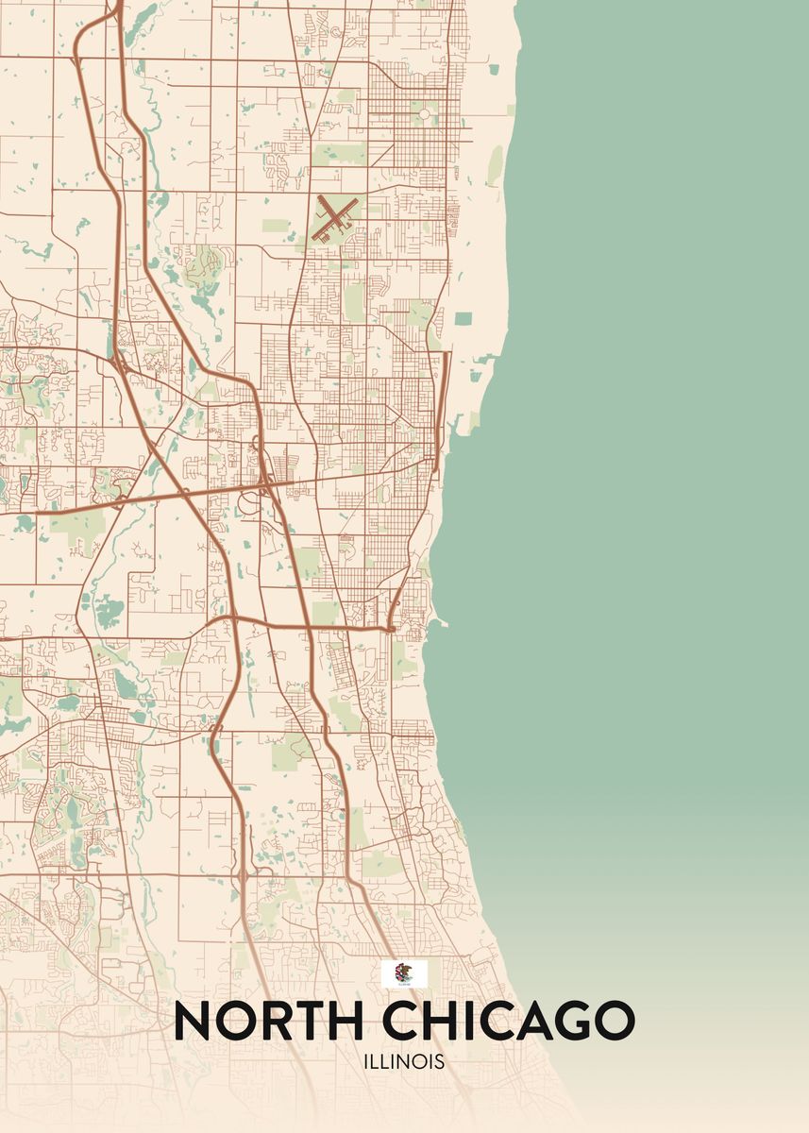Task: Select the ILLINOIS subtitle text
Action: [404, 1062]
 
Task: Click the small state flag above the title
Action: [404, 973]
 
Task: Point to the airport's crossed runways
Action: [334, 216]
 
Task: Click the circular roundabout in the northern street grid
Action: [424, 114]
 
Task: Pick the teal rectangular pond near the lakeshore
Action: [463, 319]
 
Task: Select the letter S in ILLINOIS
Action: [439, 1062]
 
